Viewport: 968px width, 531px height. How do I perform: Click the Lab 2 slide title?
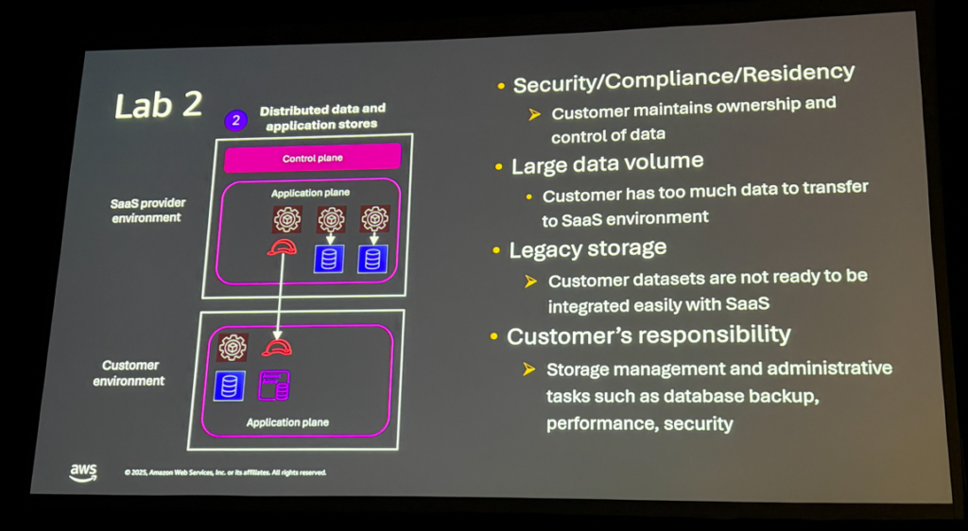(x=158, y=104)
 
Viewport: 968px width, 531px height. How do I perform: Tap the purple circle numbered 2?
(x=234, y=121)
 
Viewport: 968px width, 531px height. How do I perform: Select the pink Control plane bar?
(x=313, y=158)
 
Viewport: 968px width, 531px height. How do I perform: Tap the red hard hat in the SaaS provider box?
(x=282, y=248)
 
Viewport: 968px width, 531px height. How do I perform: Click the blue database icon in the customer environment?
(x=229, y=385)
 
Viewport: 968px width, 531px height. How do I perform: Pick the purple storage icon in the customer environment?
(x=274, y=385)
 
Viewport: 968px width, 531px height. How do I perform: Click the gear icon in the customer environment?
(x=233, y=347)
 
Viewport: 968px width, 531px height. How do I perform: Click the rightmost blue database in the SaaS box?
(x=372, y=258)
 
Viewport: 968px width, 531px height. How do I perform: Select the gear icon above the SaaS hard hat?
(x=287, y=220)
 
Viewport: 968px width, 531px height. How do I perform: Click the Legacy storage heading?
(x=587, y=248)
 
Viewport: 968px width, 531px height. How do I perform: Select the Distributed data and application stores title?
(x=322, y=117)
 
